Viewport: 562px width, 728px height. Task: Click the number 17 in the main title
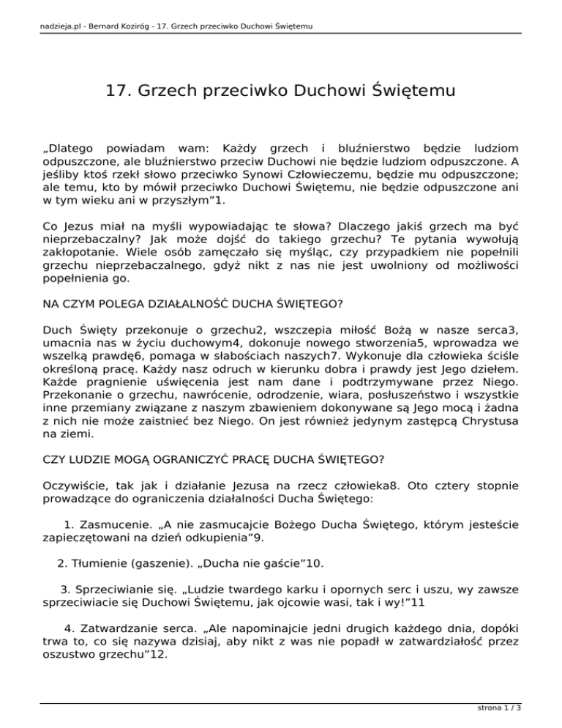[116, 92]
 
